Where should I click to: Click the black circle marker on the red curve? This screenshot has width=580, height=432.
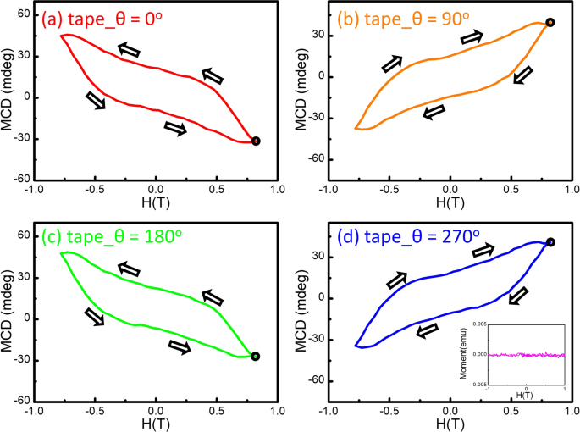coord(256,141)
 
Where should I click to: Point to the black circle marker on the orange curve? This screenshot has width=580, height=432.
coord(550,23)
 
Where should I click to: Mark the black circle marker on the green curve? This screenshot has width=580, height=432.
coord(255,357)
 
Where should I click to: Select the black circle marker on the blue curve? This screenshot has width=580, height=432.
coord(550,242)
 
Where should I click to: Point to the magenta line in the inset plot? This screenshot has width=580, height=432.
coord(525,355)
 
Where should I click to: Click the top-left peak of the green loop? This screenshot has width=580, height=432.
coord(63,252)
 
